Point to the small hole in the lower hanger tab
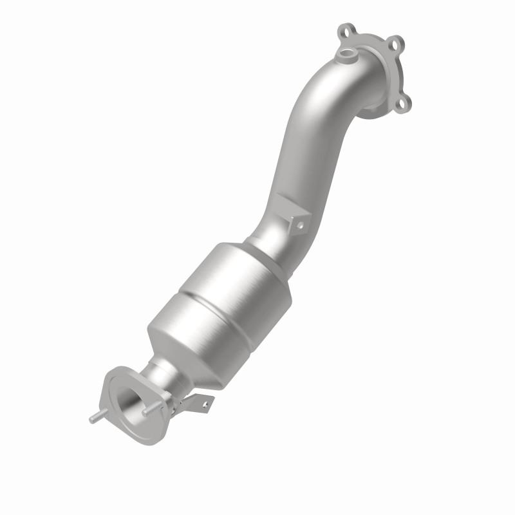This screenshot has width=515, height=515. pyautogui.click(x=205, y=404)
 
